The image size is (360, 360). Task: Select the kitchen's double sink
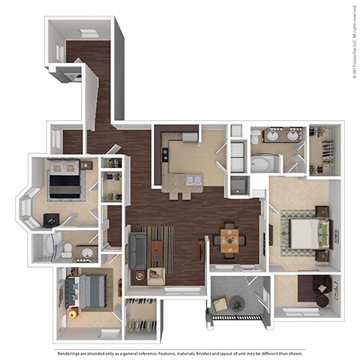point(190,181)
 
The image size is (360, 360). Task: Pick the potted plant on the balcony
point(238,304)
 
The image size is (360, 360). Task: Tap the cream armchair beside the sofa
point(156,275)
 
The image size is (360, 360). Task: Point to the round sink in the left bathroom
point(87,253)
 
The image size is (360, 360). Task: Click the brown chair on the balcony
point(219,304)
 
